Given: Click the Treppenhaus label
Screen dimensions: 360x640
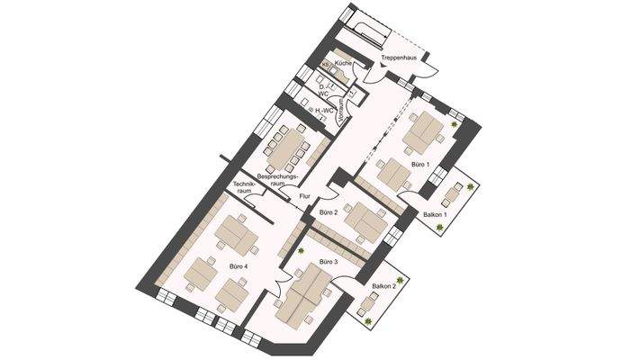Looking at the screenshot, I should pos(397,57).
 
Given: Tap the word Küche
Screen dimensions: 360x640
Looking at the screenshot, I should pos(342,64).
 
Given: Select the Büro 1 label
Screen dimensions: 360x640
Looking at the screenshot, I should pos(419,165).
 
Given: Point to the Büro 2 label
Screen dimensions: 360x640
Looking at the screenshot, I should pos(329,212).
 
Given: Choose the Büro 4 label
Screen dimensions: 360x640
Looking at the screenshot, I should pos(239,266).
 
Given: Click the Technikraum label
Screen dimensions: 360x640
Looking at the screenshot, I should pos(243,188).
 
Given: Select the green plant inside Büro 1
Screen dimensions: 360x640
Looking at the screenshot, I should pos(455,128).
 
